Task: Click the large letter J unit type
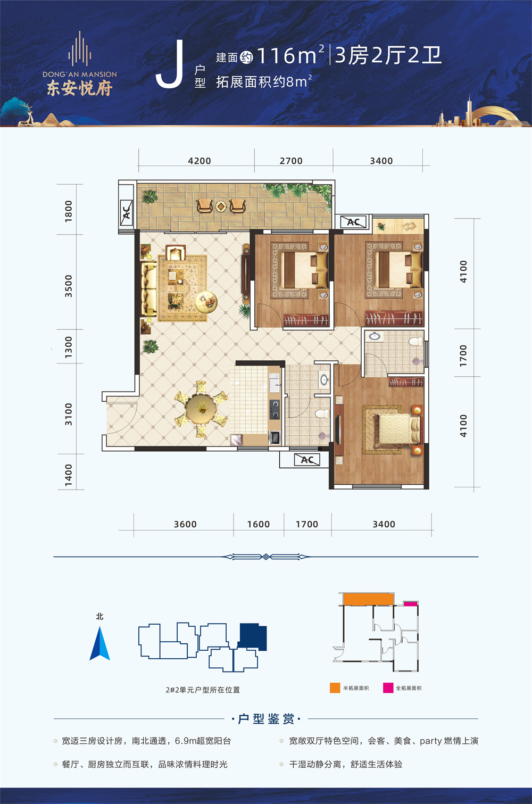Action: [x=170, y=64]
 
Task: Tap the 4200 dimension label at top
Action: [x=199, y=161]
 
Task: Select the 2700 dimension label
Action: [x=291, y=161]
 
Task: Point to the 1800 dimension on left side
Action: [x=68, y=211]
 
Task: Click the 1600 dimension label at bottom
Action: [x=258, y=525]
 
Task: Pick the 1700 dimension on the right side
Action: [x=463, y=355]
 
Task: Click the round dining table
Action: [x=201, y=409]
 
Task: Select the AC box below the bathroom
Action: [x=307, y=460]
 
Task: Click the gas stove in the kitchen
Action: [x=275, y=410]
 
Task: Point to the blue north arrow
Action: [x=100, y=643]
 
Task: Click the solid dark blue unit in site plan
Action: [x=253, y=636]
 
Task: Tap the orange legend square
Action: [x=335, y=687]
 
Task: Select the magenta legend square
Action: [x=388, y=687]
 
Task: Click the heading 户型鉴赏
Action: [x=266, y=719]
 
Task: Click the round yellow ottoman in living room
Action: [x=206, y=301]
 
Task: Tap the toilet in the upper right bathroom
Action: [x=416, y=341]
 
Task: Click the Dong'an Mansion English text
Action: [x=80, y=74]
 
